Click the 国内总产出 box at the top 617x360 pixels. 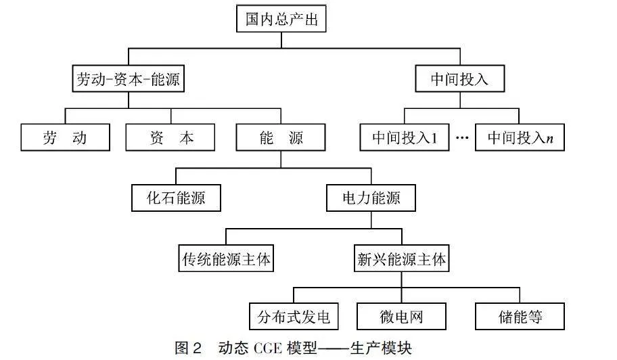point(281,18)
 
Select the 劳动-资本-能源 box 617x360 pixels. point(129,78)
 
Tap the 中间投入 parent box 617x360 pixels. point(459,78)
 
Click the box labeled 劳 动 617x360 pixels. point(66,137)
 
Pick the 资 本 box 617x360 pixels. point(170,137)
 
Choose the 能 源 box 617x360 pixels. point(281,137)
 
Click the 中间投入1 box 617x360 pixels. point(405,137)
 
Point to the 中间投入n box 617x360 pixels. point(520,137)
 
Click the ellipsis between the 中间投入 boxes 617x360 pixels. point(462,137)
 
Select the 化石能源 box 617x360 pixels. point(176,198)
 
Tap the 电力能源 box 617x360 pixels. point(371,198)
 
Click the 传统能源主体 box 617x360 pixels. point(226,258)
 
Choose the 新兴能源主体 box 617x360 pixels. point(401,258)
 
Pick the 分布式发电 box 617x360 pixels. point(294,316)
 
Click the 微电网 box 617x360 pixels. point(401,316)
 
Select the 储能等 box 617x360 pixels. point(520,316)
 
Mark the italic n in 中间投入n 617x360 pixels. point(550,139)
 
